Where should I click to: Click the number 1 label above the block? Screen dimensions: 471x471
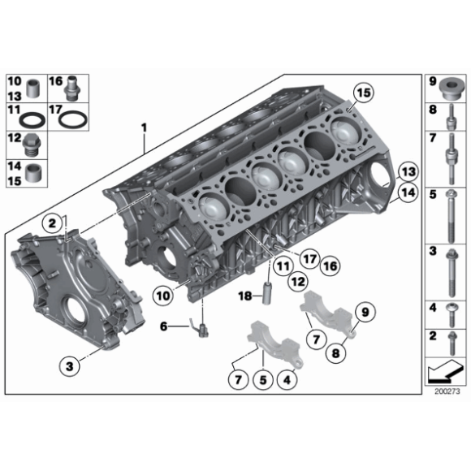144,128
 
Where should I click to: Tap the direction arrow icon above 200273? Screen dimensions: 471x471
443,372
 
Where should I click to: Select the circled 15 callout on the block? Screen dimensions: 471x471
362,94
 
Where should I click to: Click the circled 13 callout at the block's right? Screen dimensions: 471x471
408,172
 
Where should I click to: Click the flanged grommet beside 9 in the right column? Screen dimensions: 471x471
449,85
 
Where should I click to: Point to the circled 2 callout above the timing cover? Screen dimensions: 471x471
50,223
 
